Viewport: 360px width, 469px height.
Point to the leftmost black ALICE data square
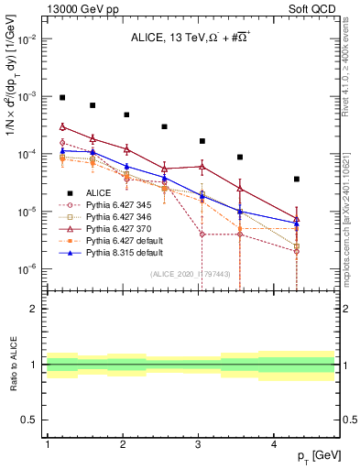click(62, 97)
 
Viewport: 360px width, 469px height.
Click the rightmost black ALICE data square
click(297, 179)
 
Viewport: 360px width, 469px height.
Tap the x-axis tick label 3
click(199, 444)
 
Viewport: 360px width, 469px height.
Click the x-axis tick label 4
click(274, 444)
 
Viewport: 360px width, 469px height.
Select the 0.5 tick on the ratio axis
click(33, 420)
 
